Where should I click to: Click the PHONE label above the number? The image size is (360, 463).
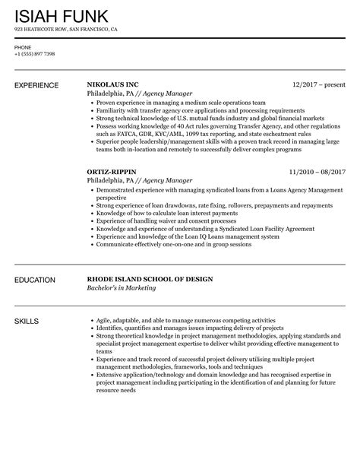point(23,47)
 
